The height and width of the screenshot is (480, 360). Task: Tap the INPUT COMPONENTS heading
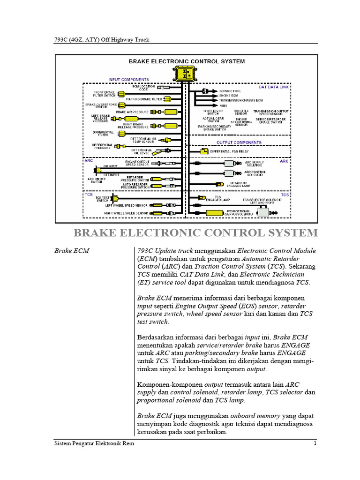click(129, 80)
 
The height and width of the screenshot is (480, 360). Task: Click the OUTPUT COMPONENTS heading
click(239, 142)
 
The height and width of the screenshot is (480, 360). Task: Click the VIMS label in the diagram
click(224, 106)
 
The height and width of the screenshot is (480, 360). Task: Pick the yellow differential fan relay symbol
click(204, 151)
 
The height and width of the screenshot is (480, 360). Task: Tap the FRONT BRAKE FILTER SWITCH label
click(105, 94)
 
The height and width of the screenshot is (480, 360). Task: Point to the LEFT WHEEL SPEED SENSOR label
click(127, 205)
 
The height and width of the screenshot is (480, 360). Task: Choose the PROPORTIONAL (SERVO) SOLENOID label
click(240, 213)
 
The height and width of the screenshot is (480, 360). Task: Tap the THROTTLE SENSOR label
click(241, 112)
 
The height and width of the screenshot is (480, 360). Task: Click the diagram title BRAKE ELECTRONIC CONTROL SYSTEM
click(187, 61)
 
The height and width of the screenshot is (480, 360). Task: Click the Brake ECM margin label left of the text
click(72, 251)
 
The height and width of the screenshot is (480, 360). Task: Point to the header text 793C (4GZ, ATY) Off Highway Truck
click(102, 39)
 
